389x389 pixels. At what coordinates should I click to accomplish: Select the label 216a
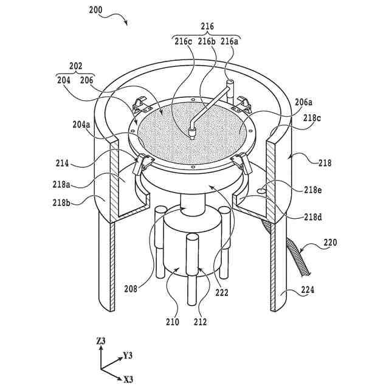click(229, 41)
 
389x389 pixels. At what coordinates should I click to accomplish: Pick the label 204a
click(81, 126)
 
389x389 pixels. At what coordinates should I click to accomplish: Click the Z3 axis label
click(101, 342)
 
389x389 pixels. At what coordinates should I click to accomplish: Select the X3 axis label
click(128, 380)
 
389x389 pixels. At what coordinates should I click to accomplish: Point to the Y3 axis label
click(128, 354)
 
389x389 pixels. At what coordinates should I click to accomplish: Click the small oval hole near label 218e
click(262, 190)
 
